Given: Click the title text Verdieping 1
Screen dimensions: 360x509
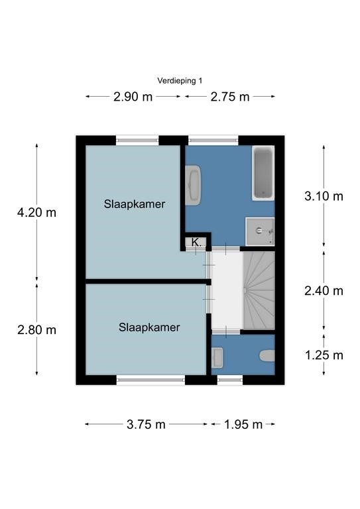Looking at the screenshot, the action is click(x=180, y=81).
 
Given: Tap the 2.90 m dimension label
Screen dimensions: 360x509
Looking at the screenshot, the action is click(x=133, y=97).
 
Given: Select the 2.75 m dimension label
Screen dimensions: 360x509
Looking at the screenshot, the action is click(x=230, y=97).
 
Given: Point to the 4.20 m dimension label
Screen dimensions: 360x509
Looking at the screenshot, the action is click(x=36, y=213).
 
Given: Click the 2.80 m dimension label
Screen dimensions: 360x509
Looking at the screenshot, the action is click(x=36, y=330).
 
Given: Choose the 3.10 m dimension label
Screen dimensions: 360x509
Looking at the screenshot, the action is click(x=324, y=196).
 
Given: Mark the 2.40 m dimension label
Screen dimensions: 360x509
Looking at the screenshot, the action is click(x=324, y=290).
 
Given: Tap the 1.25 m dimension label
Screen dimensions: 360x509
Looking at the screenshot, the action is click(x=324, y=355).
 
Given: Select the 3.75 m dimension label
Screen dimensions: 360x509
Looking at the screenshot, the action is click(x=146, y=424).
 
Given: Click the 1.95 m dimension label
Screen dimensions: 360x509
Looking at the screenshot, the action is click(x=243, y=424).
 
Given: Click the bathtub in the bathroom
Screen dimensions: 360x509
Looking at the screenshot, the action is click(x=263, y=173).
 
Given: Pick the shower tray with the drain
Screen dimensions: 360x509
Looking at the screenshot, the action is click(x=260, y=231).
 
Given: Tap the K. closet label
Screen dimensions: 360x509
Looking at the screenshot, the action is click(x=196, y=242).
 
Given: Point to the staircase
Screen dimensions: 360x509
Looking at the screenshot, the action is click(x=259, y=290).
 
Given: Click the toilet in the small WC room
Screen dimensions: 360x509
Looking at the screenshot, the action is click(x=267, y=356).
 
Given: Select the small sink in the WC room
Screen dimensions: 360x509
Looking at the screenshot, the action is click(x=217, y=358).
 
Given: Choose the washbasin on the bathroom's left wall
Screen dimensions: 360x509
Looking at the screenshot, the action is click(x=193, y=185).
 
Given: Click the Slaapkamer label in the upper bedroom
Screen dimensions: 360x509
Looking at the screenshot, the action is click(x=135, y=204).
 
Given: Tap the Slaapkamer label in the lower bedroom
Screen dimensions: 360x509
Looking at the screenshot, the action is click(x=149, y=327).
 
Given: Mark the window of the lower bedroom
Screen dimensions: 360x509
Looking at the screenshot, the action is click(x=150, y=380).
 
